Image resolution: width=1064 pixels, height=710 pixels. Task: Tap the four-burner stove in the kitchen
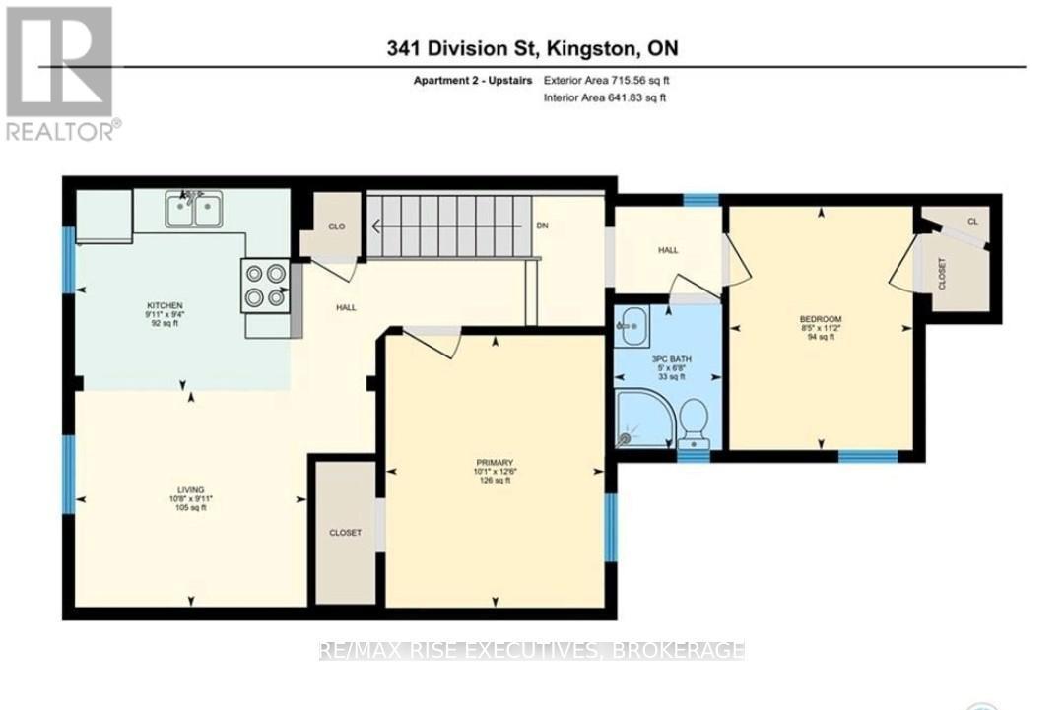(x=265, y=286)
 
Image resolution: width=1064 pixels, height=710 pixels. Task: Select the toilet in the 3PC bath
(x=694, y=421)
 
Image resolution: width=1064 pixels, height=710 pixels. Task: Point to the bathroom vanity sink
(x=631, y=326)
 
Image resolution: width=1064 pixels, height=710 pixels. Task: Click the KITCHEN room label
(x=166, y=306)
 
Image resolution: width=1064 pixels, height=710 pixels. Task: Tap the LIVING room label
(x=190, y=489)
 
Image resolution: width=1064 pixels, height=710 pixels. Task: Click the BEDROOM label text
(x=820, y=319)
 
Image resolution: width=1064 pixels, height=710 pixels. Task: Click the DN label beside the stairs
(x=542, y=226)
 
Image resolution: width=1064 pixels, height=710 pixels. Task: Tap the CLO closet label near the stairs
(x=336, y=226)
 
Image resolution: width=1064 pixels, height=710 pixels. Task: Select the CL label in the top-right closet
(x=972, y=222)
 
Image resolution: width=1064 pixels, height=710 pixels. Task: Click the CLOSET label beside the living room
(x=345, y=533)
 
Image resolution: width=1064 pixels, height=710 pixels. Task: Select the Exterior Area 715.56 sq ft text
(x=607, y=81)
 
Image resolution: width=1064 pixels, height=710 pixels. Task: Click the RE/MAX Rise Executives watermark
(x=532, y=650)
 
